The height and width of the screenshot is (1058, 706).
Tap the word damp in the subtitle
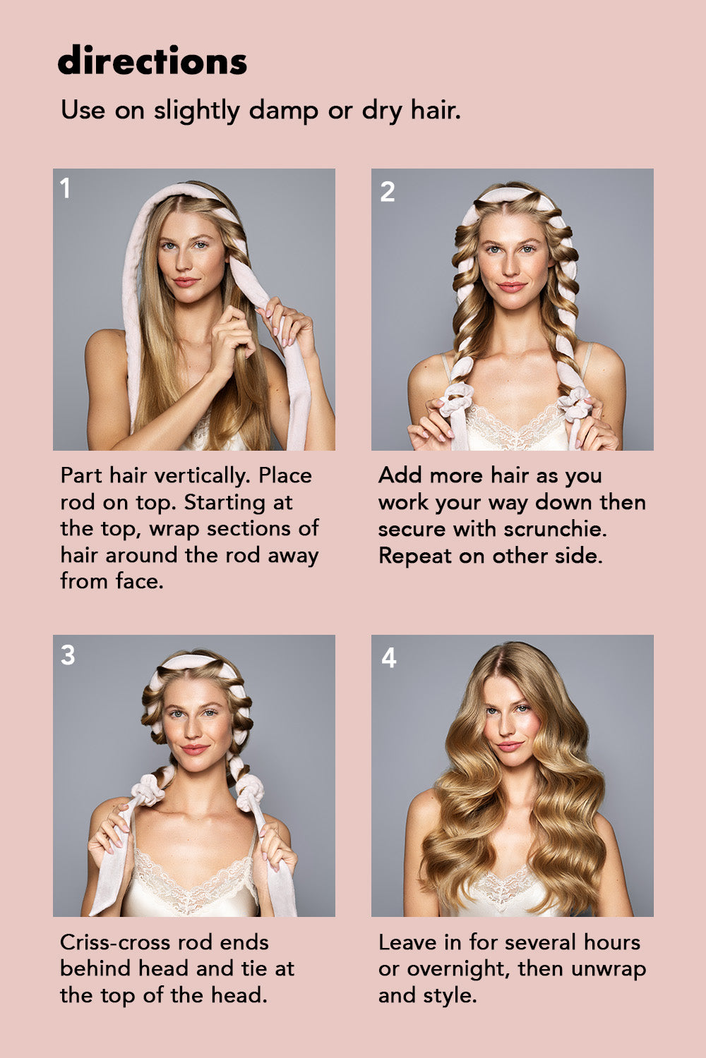click(x=283, y=111)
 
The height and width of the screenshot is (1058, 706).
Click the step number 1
click(x=65, y=188)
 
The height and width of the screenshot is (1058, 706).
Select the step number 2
click(x=388, y=191)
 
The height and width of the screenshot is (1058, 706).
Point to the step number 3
click(x=68, y=655)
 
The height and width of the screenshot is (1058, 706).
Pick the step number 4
click(x=388, y=657)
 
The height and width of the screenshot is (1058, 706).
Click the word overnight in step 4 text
click(x=459, y=970)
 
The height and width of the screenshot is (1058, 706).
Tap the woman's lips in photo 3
click(x=195, y=749)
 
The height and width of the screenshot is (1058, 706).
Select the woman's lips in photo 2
click(x=512, y=286)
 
